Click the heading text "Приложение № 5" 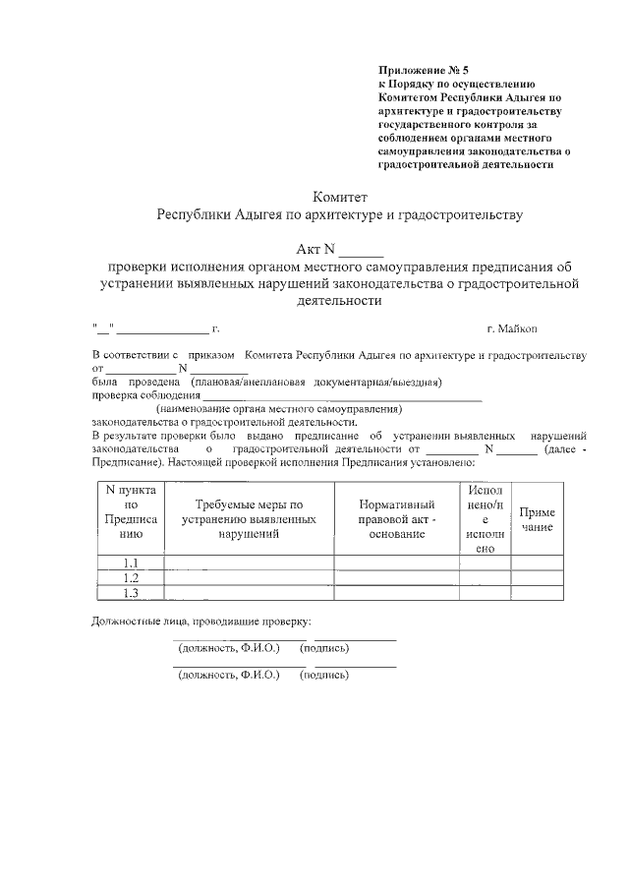[425, 71]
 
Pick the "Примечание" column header [537, 519]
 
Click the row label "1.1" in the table [130, 563]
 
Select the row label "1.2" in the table [130, 578]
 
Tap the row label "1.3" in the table [130, 593]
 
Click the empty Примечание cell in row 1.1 [537, 563]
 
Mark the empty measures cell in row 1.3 [249, 593]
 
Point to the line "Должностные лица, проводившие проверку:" [201, 622]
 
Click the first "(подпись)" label [324, 649]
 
